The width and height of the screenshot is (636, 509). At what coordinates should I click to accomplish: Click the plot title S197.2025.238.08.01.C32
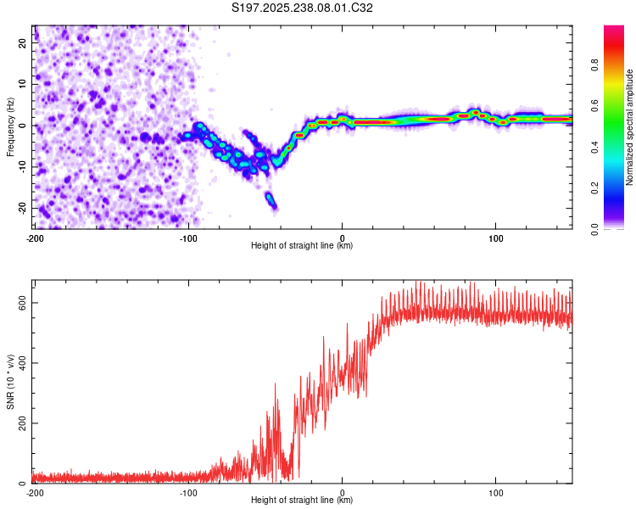302,8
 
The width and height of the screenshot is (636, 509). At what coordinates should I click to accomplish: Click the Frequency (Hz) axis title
10,127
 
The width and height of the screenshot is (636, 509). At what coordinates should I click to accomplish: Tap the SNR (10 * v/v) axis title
10,382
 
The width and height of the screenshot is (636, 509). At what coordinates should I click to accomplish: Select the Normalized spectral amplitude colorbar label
629,127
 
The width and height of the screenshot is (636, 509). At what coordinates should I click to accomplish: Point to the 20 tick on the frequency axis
22,43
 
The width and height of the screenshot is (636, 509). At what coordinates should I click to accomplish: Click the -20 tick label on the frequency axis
22,208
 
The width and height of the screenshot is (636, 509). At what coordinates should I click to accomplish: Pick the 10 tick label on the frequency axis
22,84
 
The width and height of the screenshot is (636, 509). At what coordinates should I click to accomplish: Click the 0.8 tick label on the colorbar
594,65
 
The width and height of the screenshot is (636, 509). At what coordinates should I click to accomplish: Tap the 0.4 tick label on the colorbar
594,147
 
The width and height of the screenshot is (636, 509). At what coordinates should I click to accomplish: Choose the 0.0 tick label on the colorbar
594,229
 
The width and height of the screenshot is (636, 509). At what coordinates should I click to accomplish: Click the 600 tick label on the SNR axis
22,303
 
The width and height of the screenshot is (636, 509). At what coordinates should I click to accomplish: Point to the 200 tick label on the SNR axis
22,423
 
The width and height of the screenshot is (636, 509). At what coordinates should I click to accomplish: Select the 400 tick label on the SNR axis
22,363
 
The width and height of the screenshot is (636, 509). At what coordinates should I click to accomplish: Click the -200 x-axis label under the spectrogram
35,238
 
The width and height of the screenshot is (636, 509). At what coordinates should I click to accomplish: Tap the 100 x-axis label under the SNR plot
496,493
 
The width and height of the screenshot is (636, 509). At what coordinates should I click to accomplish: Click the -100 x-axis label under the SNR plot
188,493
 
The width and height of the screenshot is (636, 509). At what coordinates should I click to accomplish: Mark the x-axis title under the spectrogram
302,245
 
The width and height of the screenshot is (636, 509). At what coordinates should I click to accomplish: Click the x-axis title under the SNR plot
302,500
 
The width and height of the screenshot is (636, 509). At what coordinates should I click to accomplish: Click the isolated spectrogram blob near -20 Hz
271,200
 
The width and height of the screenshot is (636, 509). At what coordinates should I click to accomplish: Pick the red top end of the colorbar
614,28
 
